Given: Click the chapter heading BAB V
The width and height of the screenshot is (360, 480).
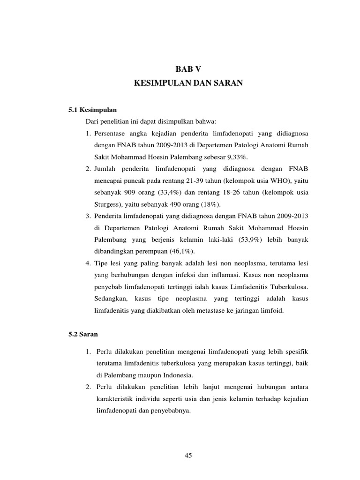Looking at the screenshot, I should tap(187, 69).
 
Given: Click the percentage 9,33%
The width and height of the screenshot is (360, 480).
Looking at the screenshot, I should tap(248, 156).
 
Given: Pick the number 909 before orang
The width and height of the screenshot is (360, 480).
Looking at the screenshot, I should tap(128, 192).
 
